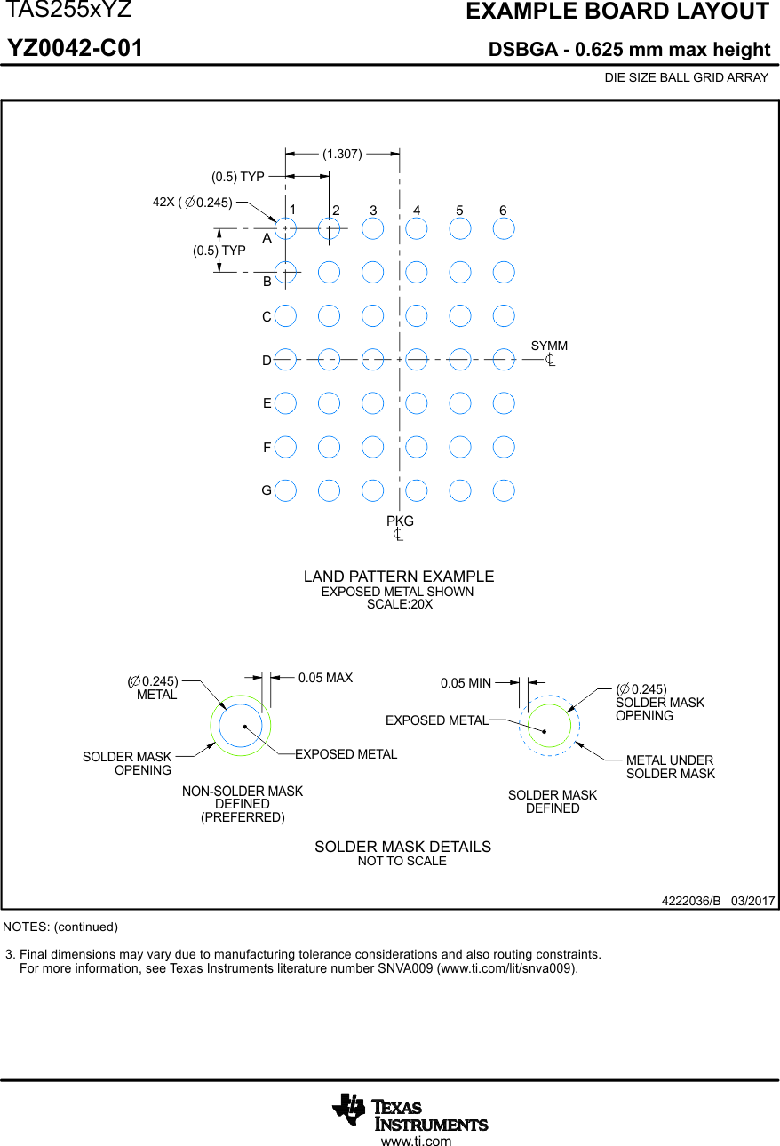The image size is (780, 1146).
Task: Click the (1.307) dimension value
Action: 342,154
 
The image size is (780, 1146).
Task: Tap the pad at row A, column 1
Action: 285,228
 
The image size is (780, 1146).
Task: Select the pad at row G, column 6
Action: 504,489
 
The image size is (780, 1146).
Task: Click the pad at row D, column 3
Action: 372,359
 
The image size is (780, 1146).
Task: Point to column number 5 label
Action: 459,211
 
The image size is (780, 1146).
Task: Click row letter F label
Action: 267,449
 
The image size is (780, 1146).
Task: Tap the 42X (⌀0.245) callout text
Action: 193,203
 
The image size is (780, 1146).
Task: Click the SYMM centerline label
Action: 549,346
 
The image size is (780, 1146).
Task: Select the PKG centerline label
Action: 400,521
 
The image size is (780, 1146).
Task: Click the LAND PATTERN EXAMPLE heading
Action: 399,577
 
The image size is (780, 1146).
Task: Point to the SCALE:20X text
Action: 399,604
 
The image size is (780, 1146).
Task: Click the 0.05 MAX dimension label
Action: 325,678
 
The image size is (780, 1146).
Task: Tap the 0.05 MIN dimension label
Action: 466,683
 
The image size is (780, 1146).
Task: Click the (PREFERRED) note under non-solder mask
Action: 243,817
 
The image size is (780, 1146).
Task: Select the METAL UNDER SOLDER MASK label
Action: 670,767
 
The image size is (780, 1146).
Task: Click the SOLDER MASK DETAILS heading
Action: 402,847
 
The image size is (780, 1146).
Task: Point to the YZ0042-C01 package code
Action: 76,49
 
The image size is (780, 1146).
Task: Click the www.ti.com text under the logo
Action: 416,1141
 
